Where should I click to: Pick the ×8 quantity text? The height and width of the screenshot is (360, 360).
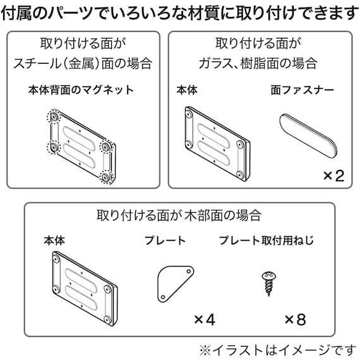(294, 320)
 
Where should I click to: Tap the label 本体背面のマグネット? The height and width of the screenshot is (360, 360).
(81, 90)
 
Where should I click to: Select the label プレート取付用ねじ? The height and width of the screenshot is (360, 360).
(266, 241)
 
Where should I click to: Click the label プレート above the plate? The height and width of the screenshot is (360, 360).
(165, 241)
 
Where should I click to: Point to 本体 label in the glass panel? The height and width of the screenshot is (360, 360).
(188, 90)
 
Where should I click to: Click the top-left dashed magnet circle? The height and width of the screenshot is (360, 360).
(52, 118)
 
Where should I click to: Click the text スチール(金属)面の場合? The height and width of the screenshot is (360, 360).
(84, 63)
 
